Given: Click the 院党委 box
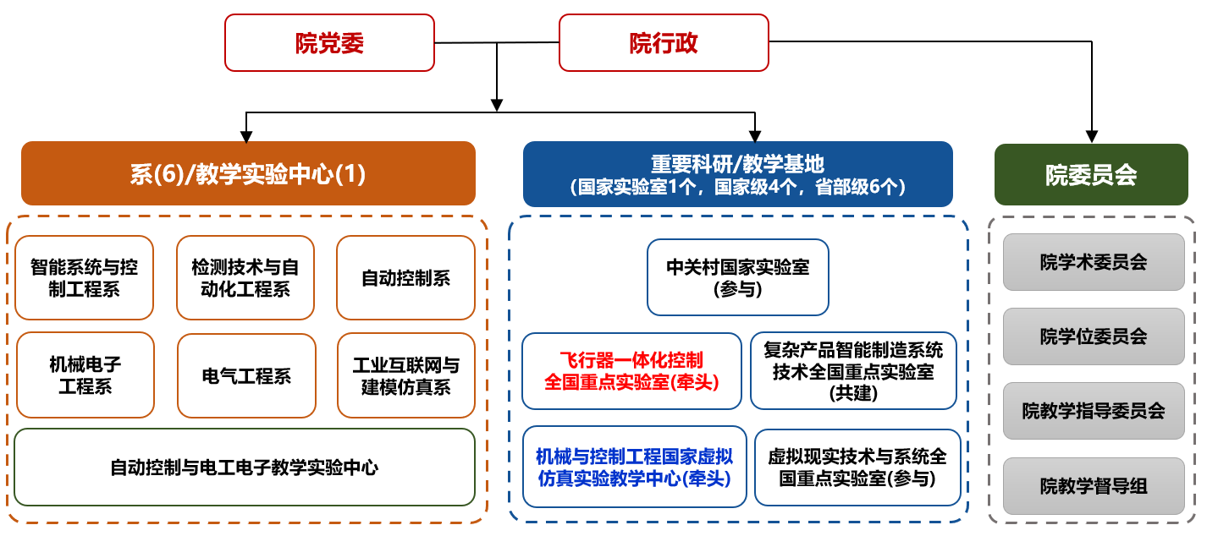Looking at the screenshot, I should [329, 42].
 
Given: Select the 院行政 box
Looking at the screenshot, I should [664, 42].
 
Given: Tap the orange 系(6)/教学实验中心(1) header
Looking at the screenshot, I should [248, 173].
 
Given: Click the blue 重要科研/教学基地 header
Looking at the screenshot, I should [737, 174].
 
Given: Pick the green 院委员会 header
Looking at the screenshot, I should [1091, 174].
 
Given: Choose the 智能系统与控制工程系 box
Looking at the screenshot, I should [85, 278].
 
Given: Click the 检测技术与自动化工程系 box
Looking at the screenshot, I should [245, 278].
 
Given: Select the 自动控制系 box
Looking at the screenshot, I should [405, 278].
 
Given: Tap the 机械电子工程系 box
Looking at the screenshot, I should [85, 375].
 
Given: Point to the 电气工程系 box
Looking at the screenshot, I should [246, 375].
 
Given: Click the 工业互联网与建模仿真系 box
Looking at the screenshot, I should [405, 375].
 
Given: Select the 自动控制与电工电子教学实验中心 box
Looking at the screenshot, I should [245, 467].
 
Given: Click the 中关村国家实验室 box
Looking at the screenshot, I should [737, 277].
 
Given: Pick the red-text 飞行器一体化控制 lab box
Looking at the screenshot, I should [631, 371].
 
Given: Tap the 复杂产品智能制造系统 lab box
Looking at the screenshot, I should [853, 371].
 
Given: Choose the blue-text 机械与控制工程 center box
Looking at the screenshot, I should [634, 467].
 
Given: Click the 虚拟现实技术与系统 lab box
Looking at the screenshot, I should [857, 467].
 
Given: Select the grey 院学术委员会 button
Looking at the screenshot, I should [1093, 262].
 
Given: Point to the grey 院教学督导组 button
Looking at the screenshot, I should [1093, 486].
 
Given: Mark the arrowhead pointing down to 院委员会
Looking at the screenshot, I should [1092, 136].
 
